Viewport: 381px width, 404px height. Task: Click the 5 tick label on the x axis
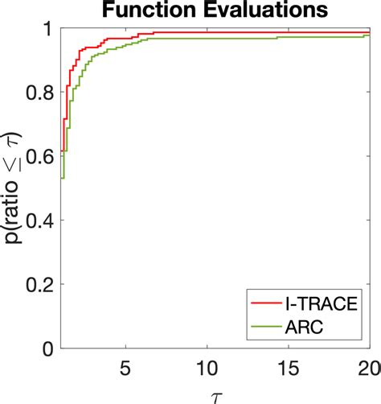pos(125,366)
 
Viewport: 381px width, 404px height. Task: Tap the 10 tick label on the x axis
pos(207,366)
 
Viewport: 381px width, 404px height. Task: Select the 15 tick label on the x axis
pos(288,366)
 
